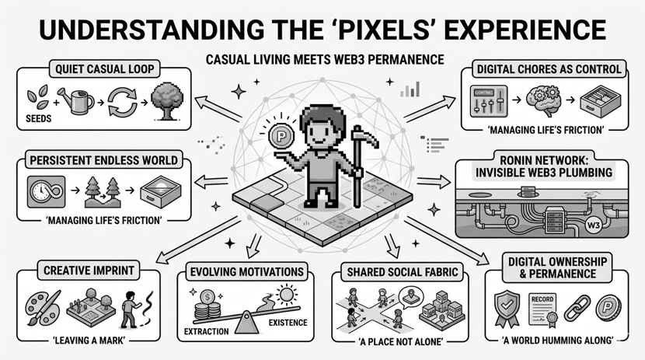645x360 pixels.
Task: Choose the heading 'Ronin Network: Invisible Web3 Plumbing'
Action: point(547,166)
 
